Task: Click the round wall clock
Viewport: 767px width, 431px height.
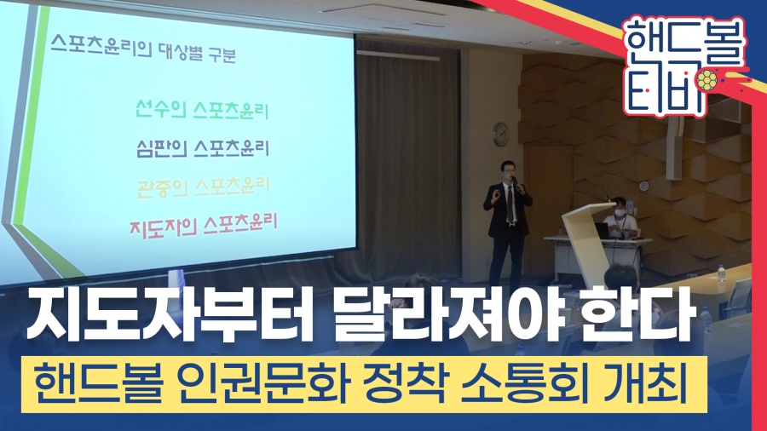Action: point(500,135)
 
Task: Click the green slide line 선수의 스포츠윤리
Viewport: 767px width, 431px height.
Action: point(202,110)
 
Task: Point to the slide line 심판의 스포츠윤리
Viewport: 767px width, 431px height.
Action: point(203,148)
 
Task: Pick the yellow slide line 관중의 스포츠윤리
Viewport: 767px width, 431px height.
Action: point(204,187)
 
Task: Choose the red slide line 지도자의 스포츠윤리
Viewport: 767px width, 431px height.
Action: point(203,225)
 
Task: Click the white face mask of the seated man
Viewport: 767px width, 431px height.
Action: point(620,213)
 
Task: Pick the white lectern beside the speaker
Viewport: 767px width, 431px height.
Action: point(588,244)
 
